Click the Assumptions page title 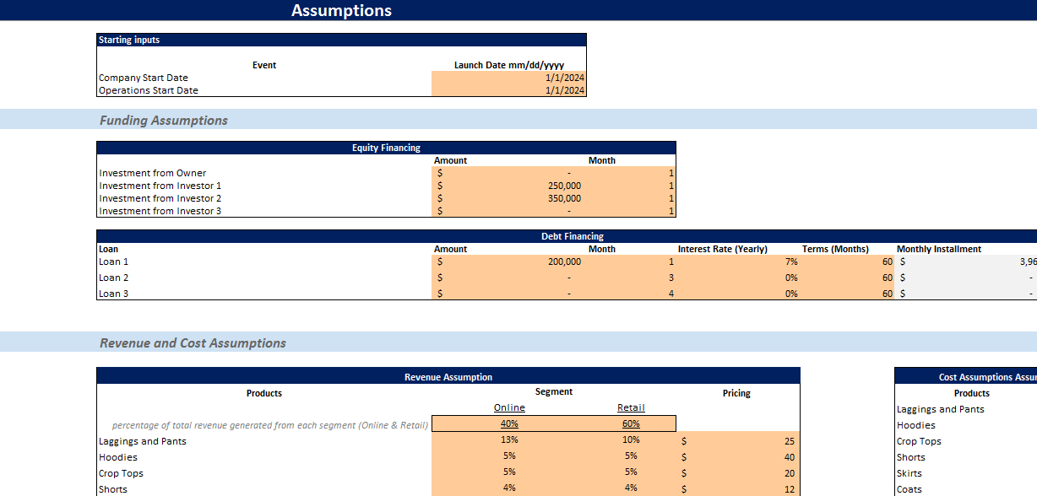[341, 11]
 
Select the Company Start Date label [144, 78]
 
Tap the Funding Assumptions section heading [164, 121]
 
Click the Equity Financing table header [386, 148]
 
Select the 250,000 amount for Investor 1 [564, 186]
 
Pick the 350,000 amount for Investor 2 [564, 198]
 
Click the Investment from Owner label [153, 173]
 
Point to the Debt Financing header [572, 236]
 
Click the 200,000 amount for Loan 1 [564, 261]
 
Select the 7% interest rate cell [790, 261]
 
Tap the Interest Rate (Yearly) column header [722, 249]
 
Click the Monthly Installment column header [939, 249]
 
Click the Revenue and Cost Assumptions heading [193, 343]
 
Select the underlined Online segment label [509, 407]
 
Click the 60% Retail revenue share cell [631, 423]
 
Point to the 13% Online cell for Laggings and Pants [509, 439]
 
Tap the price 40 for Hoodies [789, 457]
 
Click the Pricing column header [736, 393]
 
